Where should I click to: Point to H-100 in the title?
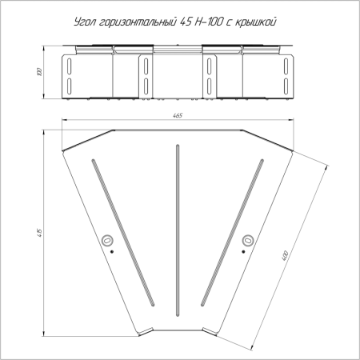click(x=208, y=22)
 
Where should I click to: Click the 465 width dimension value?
click(x=178, y=115)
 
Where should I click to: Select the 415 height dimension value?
click(x=40, y=233)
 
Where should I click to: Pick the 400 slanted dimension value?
click(x=285, y=256)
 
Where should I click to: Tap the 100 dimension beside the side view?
click(x=40, y=72)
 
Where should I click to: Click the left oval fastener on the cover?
click(x=107, y=241)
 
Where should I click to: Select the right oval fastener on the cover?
click(x=248, y=241)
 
